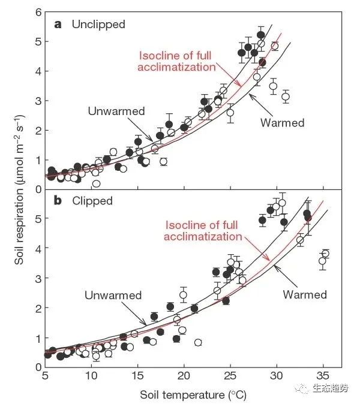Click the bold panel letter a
pyautogui.click(x=58, y=25)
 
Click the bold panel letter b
pyautogui.click(x=58, y=201)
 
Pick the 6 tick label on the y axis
pyautogui.click(x=38, y=13)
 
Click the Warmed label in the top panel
pyautogui.click(x=283, y=123)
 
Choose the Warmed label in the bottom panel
pyautogui.click(x=304, y=295)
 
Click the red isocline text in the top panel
pyautogui.click(x=176, y=61)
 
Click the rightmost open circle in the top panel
pyautogui.click(x=286, y=97)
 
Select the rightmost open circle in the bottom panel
pyautogui.click(x=326, y=254)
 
